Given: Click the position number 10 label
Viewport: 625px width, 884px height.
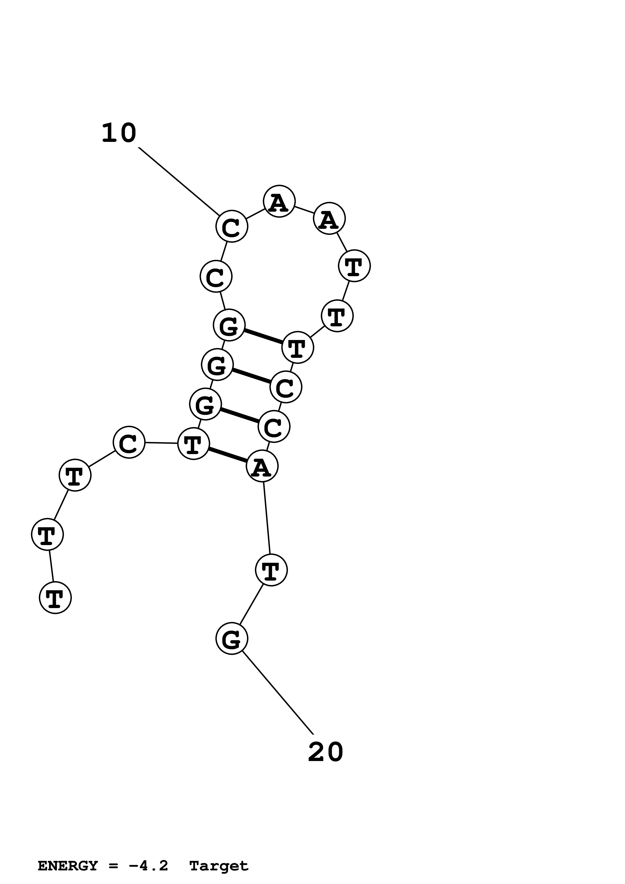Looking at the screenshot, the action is tap(119, 133).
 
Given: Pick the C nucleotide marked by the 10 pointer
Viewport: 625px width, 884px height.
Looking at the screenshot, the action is tap(231, 226).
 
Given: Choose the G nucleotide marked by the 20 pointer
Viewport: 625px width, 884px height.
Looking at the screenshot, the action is tap(231, 638).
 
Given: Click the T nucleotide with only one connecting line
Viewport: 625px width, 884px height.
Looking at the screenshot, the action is tap(55, 597).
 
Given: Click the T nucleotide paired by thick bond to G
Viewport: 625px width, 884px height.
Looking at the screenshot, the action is tap(298, 347).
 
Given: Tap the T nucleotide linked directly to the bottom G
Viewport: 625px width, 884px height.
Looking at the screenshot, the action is tap(271, 570).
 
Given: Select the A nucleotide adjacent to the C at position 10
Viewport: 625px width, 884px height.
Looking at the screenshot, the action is tap(279, 201).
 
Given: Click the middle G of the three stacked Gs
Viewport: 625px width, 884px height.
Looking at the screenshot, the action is tap(217, 364).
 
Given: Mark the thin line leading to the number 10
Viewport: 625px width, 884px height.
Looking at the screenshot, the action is tap(178, 181).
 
